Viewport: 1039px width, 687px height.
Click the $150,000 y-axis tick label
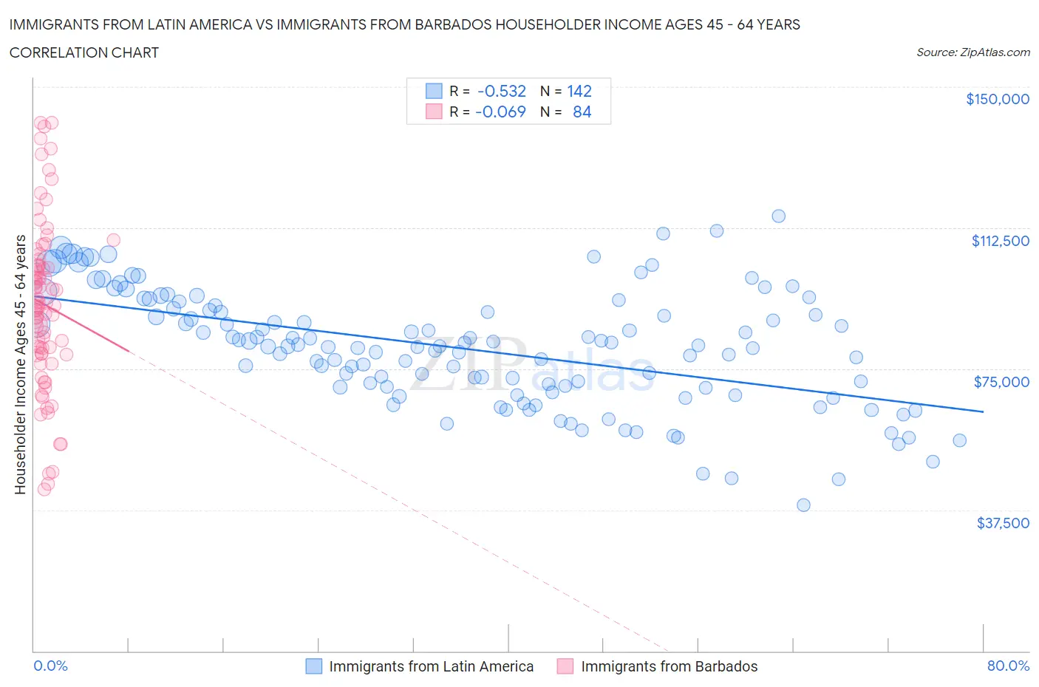997,99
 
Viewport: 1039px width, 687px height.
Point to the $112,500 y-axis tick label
1000,240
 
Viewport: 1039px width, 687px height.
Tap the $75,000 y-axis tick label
1001,381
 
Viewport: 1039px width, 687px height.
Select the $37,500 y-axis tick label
1002,522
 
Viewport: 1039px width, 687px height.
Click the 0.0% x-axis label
50,666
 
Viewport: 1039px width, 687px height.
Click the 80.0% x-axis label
1008,666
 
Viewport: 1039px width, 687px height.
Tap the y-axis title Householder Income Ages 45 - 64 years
20,364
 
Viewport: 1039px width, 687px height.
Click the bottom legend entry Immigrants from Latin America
431,666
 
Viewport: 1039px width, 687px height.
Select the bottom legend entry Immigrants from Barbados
669,666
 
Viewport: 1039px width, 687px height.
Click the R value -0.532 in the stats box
502,91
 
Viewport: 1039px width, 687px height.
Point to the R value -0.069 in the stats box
500,112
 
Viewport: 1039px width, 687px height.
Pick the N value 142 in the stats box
579,91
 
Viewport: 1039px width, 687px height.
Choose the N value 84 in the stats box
582,112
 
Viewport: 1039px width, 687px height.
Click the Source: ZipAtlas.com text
972,52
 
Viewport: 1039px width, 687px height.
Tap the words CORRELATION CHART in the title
84,52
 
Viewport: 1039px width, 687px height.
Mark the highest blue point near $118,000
778,216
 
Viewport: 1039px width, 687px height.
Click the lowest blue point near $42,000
803,505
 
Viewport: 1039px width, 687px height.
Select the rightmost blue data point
959,440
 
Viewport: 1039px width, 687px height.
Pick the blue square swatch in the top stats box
434,91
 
